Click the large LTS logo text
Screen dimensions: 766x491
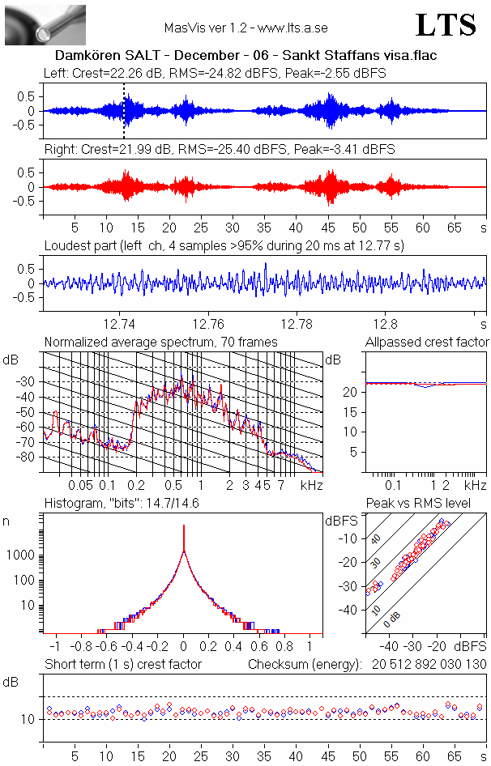446,25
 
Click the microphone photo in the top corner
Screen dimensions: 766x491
45,24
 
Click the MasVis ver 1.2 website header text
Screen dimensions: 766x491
245,28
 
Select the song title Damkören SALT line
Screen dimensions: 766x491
245,57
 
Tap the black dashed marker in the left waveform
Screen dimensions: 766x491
124,111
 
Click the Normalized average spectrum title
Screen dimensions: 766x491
160,343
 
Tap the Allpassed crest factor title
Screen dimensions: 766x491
427,343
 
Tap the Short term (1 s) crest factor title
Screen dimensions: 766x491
123,665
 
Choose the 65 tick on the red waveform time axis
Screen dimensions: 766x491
455,228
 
